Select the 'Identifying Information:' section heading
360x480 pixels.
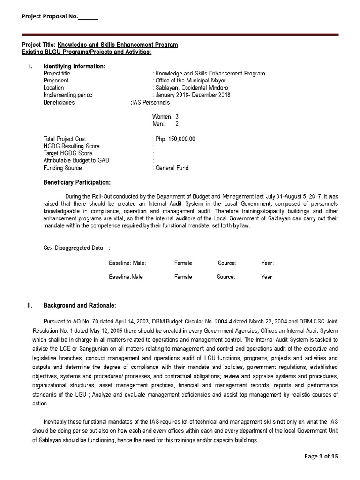tap(74, 67)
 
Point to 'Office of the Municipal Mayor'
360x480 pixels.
tap(192, 81)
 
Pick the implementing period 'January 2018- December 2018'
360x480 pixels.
tap(192, 95)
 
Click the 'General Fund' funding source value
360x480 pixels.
tap(172, 168)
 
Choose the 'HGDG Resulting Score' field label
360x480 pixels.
tap(71, 146)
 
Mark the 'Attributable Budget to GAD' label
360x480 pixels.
tap(76, 161)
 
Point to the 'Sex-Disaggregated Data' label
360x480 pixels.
tap(73, 248)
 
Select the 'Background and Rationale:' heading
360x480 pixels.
tap(80, 306)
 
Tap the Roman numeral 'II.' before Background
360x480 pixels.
tap(30, 306)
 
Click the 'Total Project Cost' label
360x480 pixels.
tap(65, 139)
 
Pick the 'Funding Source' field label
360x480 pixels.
tap(62, 168)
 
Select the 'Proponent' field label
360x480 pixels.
tap(56, 81)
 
